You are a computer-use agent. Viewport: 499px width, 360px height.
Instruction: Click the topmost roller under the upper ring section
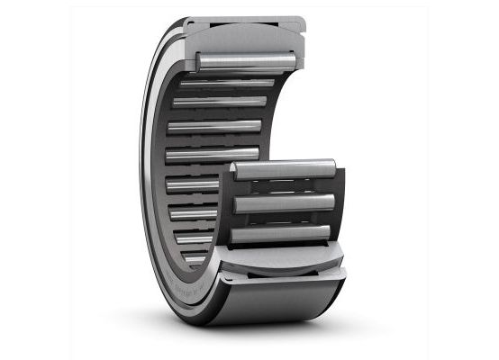tap(245, 58)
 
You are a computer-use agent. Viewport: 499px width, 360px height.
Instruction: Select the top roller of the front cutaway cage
tap(283, 167)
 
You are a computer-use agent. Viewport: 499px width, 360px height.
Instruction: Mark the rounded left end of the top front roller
tap(236, 167)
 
